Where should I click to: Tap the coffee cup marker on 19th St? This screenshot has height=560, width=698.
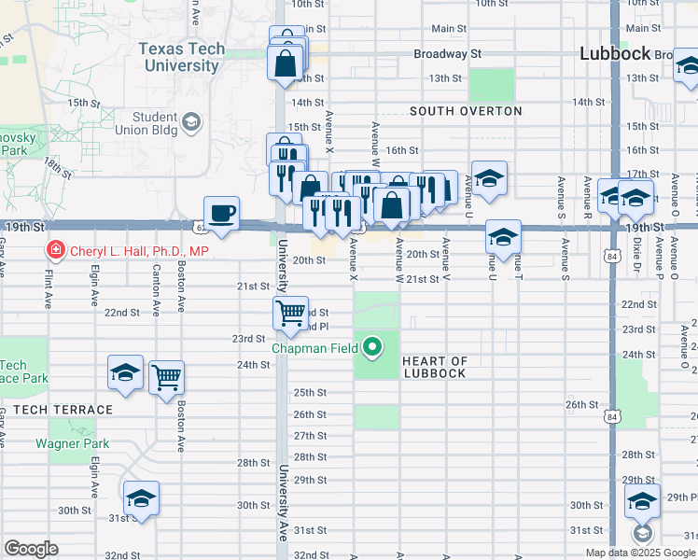click(x=222, y=214)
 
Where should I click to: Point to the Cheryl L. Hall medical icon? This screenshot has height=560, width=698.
click(x=55, y=250)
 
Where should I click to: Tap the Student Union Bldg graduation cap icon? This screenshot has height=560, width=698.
click(x=191, y=122)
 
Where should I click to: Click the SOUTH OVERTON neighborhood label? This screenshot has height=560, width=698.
click(x=466, y=111)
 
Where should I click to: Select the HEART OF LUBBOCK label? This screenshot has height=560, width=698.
click(x=435, y=367)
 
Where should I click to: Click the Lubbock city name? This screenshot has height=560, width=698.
click(x=614, y=53)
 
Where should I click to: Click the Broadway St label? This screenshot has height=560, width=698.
click(x=447, y=54)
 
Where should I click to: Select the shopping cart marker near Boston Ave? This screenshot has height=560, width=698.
click(x=167, y=378)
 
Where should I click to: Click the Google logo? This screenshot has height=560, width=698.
click(x=32, y=549)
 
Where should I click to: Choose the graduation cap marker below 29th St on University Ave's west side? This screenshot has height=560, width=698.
click(x=142, y=497)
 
